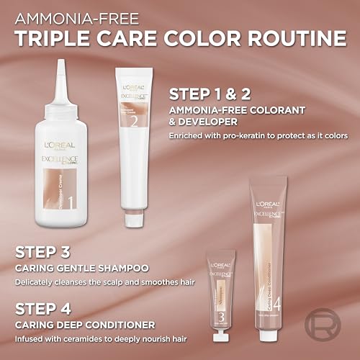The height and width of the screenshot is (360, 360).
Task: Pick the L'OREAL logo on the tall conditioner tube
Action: pyautogui.click(x=270, y=201)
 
